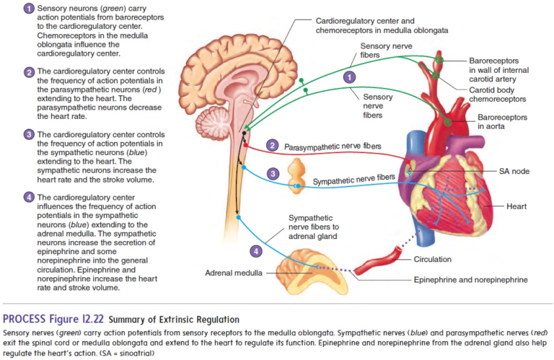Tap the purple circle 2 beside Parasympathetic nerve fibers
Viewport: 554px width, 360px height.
click(x=272, y=145)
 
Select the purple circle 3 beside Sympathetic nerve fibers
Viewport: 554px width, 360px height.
click(x=272, y=174)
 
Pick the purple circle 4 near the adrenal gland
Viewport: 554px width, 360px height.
click(x=255, y=251)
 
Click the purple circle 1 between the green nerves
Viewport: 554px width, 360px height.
click(x=350, y=76)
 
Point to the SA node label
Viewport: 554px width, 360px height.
click(x=514, y=172)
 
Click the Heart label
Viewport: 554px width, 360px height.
click(x=516, y=206)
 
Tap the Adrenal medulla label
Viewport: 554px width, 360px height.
click(x=231, y=274)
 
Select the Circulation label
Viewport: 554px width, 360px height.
click(x=433, y=259)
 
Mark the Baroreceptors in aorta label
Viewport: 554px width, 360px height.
click(x=502, y=121)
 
